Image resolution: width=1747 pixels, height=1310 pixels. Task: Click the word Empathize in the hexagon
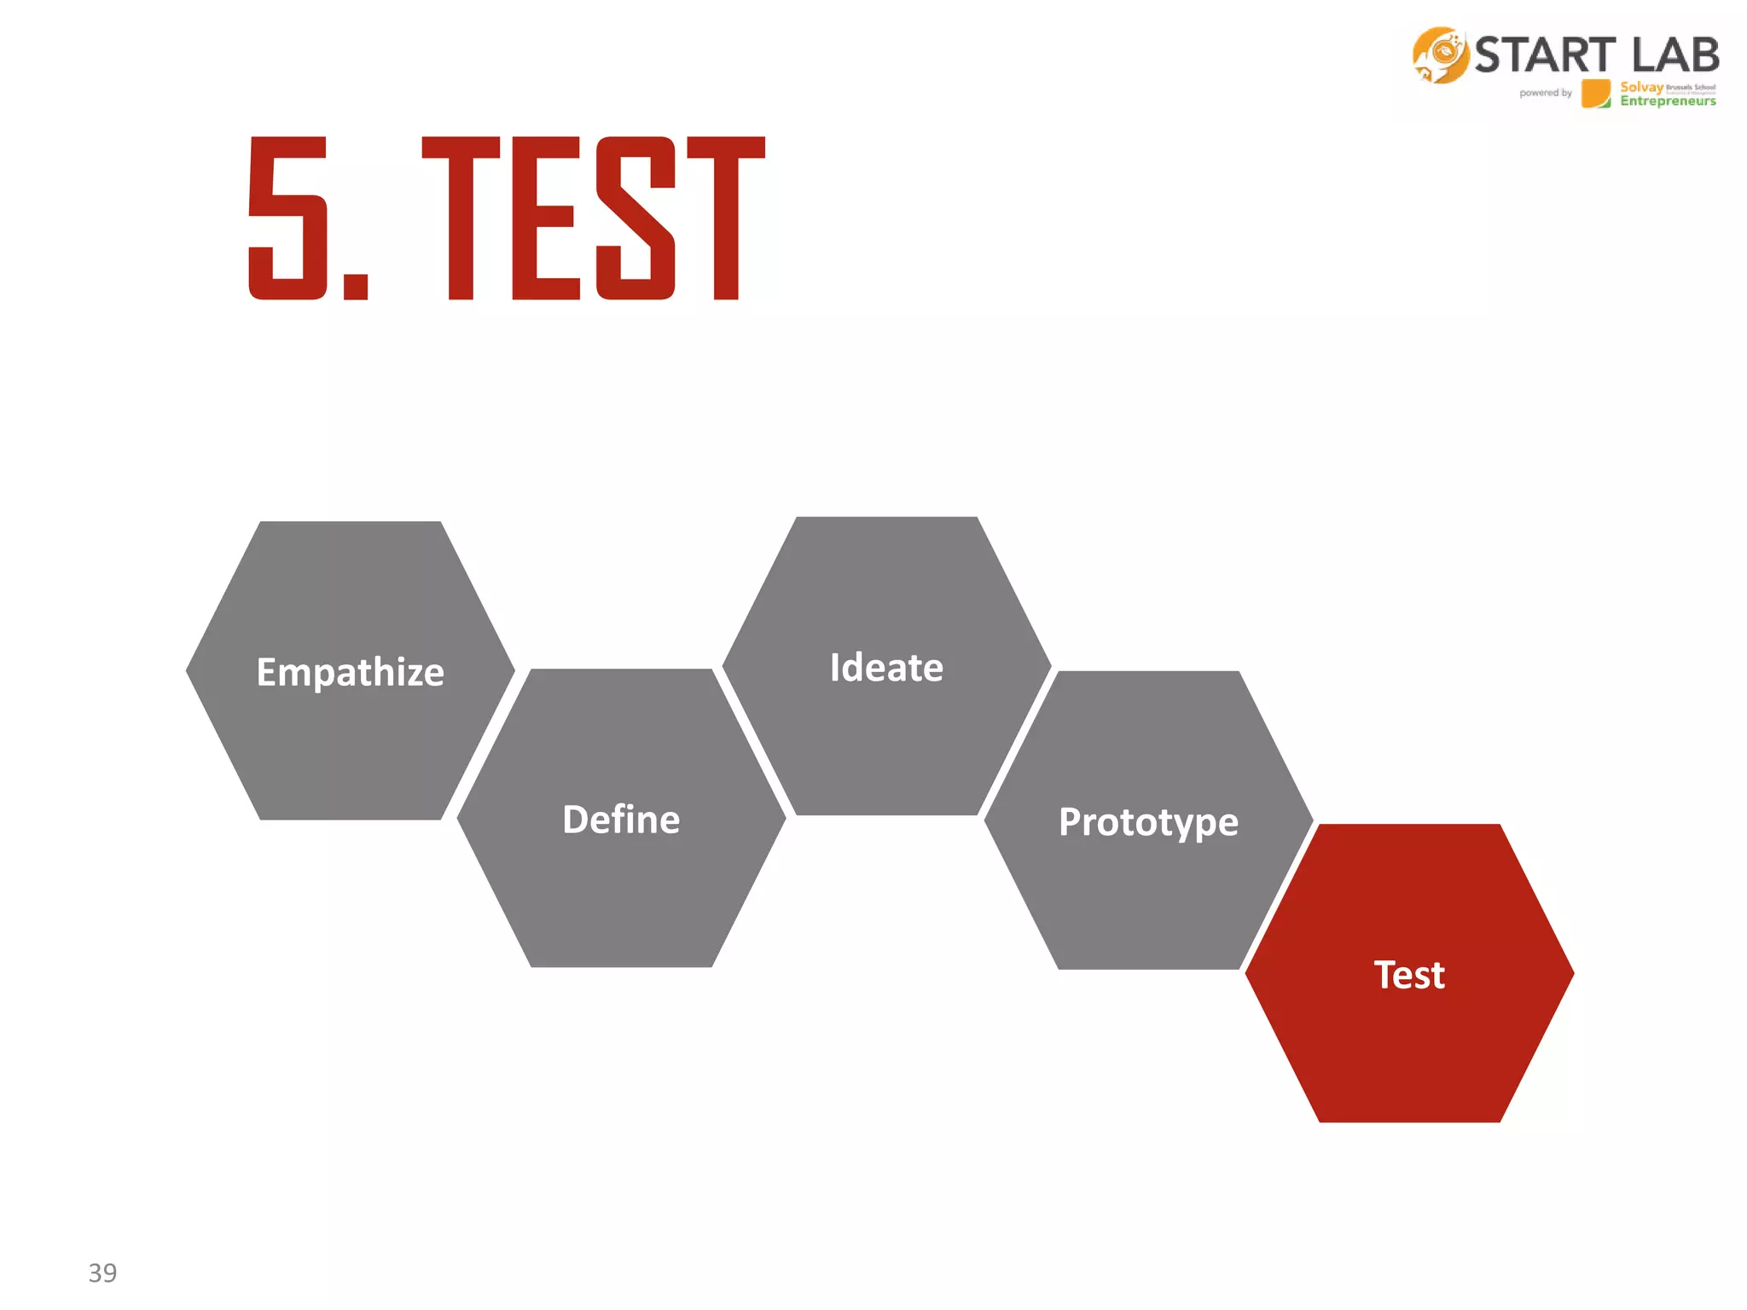[350, 672]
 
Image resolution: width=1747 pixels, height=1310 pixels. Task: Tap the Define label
[621, 820]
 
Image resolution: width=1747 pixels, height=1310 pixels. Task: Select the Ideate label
[886, 667]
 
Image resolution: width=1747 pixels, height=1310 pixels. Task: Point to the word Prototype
[1148, 822]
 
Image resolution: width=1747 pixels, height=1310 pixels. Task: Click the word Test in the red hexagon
[1409, 975]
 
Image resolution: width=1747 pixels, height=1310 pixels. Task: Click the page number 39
[102, 1272]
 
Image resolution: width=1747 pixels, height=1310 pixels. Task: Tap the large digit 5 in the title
[288, 218]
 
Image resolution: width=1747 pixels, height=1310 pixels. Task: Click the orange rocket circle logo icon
[1440, 55]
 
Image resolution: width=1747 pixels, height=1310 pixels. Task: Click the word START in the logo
[1545, 56]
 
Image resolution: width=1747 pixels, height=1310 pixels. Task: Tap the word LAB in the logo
[1675, 56]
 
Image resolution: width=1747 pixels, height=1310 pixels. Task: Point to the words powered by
[1545, 93]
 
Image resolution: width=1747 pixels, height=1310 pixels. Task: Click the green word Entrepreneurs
[1668, 101]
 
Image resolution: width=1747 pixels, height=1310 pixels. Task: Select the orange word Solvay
[1641, 87]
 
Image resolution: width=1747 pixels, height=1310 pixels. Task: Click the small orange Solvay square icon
[1595, 93]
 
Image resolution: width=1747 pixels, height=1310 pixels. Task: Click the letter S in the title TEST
[636, 218]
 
